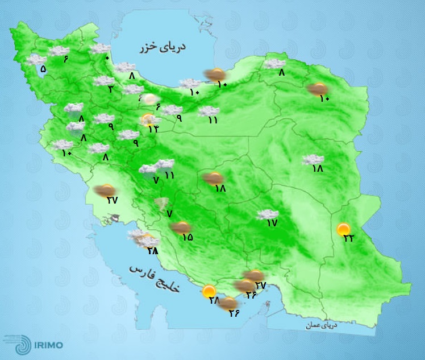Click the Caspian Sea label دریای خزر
[x=163, y=47]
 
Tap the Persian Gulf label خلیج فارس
[x=154, y=278]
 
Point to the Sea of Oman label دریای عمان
[x=320, y=326]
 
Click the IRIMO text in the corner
[x=48, y=345]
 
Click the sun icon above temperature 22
[x=343, y=229]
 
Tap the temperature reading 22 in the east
[x=348, y=238]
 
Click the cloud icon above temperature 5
[x=37, y=59]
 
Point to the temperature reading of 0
[x=107, y=57]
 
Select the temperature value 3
[x=110, y=89]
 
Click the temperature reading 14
[x=153, y=129]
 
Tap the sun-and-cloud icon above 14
[x=149, y=119]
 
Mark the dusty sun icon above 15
[x=181, y=228]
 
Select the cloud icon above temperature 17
[x=266, y=214]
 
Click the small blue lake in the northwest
[x=42, y=70]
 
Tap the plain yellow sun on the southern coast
[x=209, y=291]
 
